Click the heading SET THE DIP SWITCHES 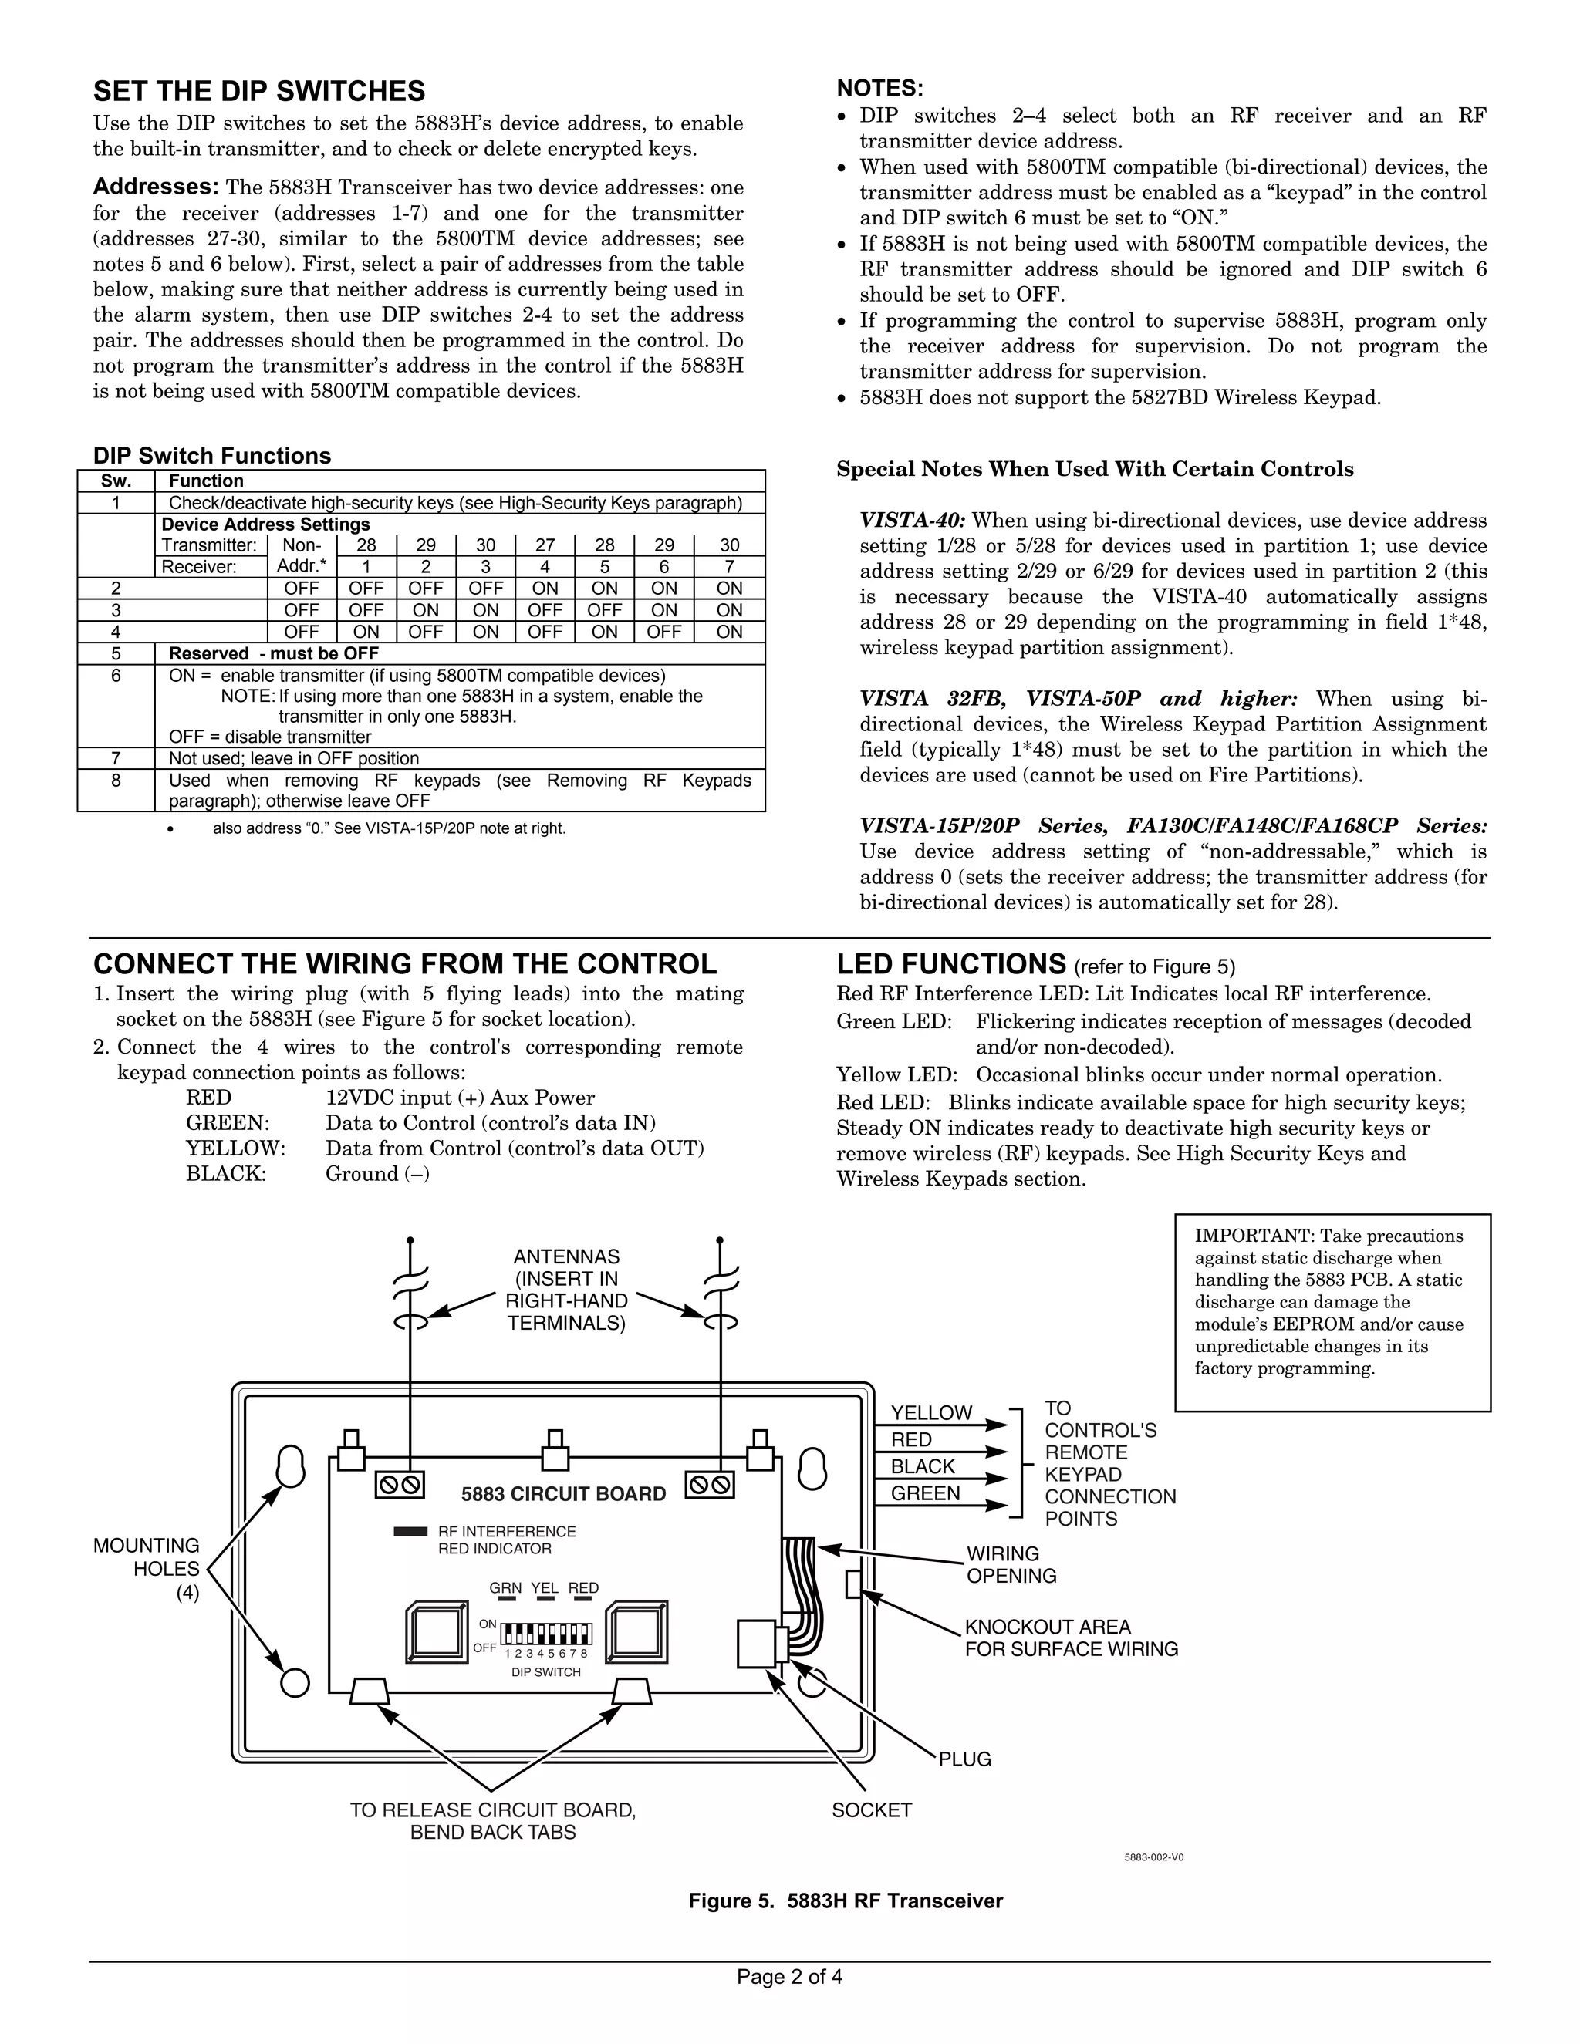click(258, 91)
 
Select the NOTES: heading click(879, 88)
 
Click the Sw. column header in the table click(115, 481)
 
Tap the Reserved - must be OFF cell click(273, 653)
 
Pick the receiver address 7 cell click(729, 566)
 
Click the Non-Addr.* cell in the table click(302, 556)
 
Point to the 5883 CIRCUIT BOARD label click(563, 1494)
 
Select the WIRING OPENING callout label click(1011, 1565)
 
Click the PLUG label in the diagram click(964, 1759)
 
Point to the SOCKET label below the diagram click(872, 1810)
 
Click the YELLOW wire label click(930, 1413)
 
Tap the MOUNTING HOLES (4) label click(147, 1569)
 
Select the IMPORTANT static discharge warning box click(1331, 1312)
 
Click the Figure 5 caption click(846, 1901)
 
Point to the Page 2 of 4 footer click(789, 1977)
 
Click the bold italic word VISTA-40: click(913, 521)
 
